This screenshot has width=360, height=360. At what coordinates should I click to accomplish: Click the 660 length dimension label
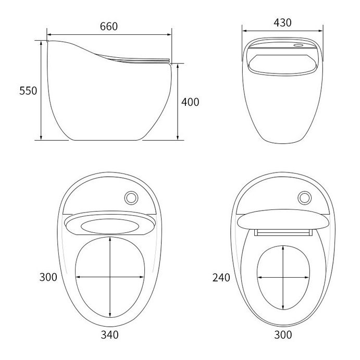pyautogui.click(x=109, y=26)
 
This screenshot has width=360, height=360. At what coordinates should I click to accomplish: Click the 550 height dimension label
pyautogui.click(x=28, y=91)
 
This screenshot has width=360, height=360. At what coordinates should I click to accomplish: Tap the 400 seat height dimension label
pyautogui.click(x=190, y=102)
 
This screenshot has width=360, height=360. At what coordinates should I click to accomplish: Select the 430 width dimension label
pyautogui.click(x=282, y=22)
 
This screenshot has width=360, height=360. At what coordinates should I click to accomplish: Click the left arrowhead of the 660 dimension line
pyautogui.click(x=48, y=35)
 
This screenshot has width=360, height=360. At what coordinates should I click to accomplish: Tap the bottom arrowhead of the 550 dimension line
pyautogui.click(x=41, y=139)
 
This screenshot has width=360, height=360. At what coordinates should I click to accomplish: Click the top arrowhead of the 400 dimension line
pyautogui.click(x=178, y=65)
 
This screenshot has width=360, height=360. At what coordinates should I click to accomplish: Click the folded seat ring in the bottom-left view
pyautogui.click(x=110, y=226)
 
